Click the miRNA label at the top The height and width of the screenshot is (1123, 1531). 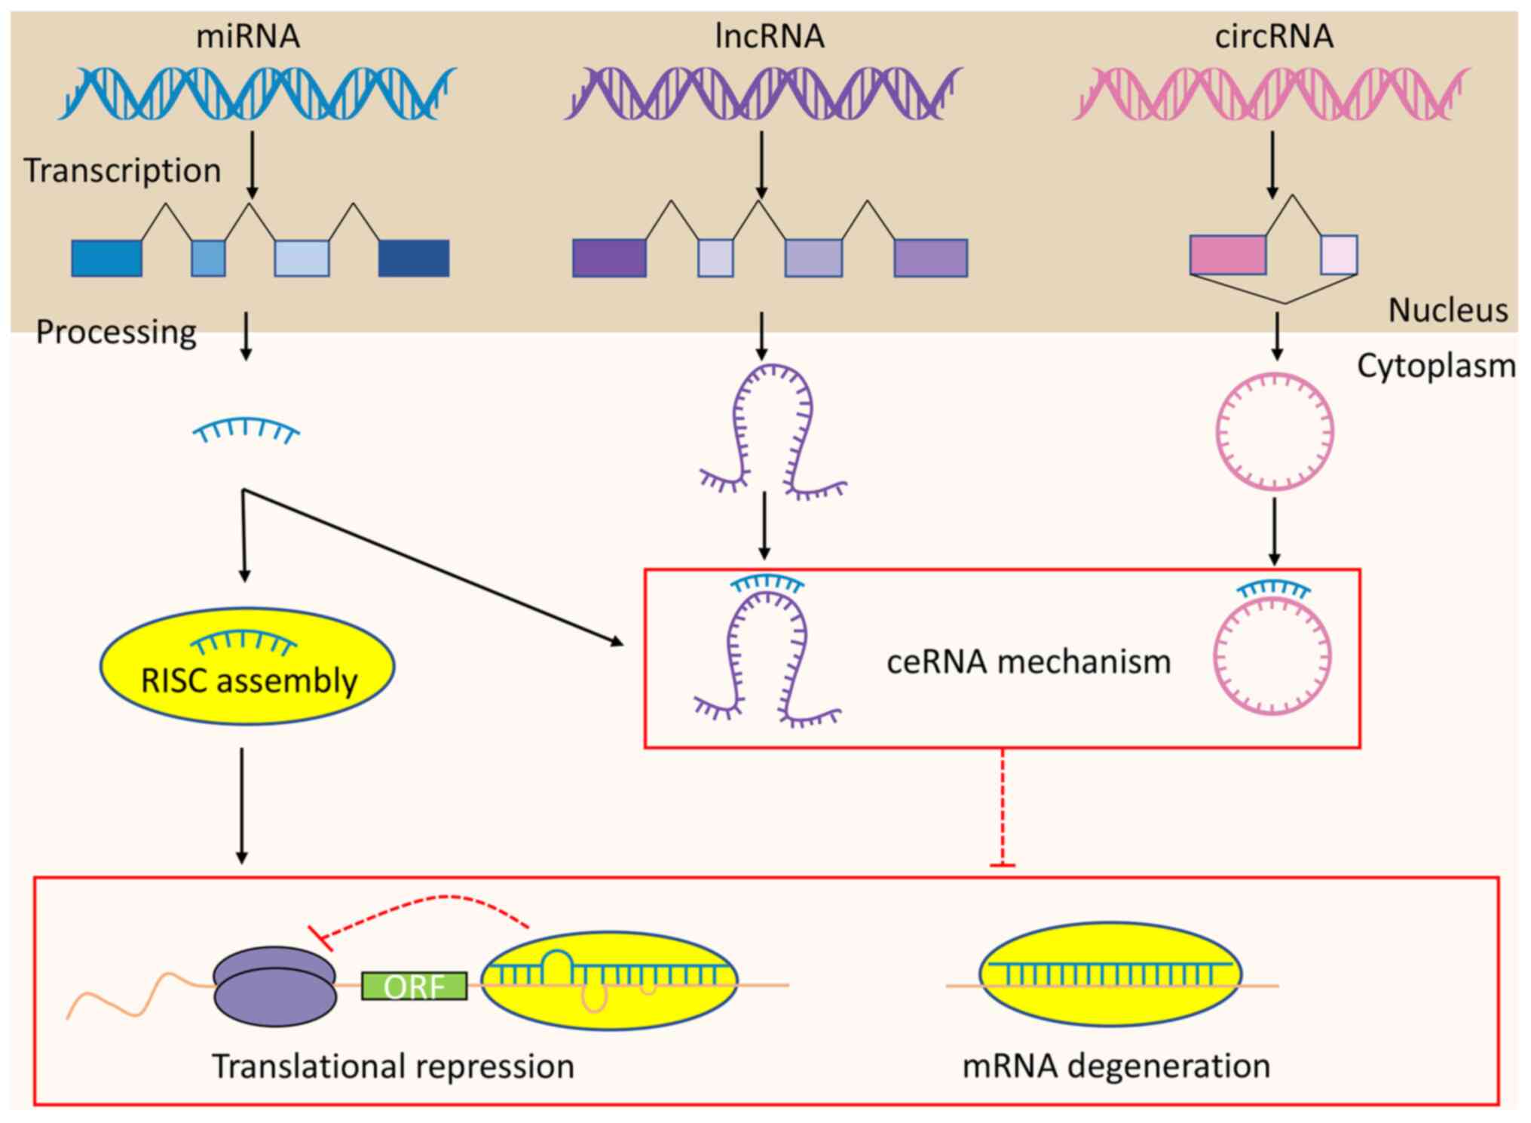(x=248, y=36)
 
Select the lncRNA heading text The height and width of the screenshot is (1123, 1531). (x=769, y=36)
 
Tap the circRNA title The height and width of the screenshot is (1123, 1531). (x=1274, y=36)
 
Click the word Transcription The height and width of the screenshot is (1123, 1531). (x=122, y=170)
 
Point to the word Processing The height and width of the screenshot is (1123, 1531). (x=116, y=332)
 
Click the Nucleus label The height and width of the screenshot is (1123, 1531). (x=1447, y=310)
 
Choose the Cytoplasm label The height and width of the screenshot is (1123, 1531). (x=1436, y=367)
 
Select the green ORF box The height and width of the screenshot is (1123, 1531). (x=414, y=986)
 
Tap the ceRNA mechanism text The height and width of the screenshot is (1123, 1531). (x=1028, y=662)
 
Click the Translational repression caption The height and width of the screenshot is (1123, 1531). (x=393, y=1066)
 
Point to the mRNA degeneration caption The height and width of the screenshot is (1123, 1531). (x=1116, y=1066)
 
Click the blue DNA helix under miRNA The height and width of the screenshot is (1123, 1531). (x=257, y=94)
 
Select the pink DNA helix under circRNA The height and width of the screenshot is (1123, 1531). (x=1271, y=94)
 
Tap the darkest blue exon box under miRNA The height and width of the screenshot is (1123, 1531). (x=413, y=258)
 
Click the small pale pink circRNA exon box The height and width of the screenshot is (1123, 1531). (x=1338, y=254)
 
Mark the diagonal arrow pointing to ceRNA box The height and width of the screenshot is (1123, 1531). (x=433, y=566)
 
